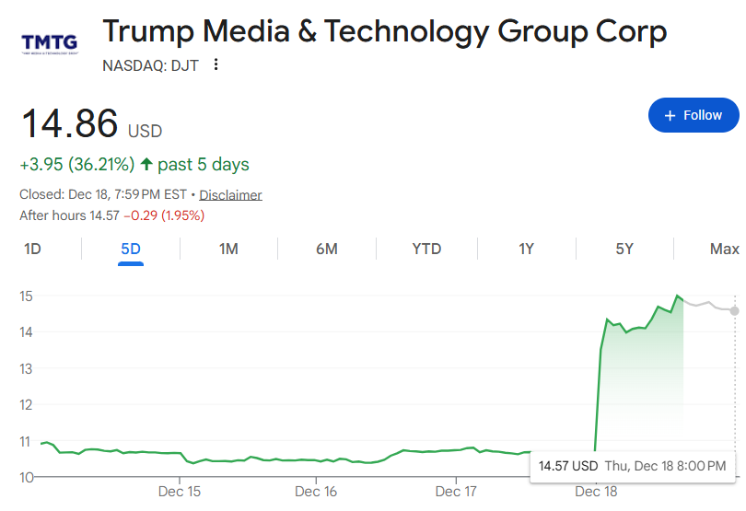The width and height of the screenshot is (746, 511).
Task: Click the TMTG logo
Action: point(49,42)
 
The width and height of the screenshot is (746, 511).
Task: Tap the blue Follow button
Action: point(693,115)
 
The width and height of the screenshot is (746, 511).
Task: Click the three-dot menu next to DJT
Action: point(216,64)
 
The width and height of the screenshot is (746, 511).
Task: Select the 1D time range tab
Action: point(32,249)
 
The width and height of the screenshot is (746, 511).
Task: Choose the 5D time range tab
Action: point(131,249)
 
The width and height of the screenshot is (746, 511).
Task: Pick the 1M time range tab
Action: point(228,249)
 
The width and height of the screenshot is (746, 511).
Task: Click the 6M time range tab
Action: point(326,249)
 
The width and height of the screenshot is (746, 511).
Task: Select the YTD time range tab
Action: point(426,249)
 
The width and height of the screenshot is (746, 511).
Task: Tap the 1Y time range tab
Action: point(526,249)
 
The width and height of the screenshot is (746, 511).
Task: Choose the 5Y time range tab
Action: point(624,249)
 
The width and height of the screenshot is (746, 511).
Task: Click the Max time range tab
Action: point(724,249)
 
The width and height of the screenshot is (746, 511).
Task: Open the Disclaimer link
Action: point(230,195)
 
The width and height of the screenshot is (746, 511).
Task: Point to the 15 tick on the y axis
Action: point(26,296)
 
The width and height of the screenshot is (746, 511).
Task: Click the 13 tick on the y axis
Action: point(26,368)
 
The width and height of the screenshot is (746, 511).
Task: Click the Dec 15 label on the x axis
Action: point(180,492)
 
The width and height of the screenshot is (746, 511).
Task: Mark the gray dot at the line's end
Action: point(734,310)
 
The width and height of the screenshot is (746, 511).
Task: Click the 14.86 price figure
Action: point(70,124)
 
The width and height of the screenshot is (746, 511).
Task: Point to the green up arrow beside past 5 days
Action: point(146,165)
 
